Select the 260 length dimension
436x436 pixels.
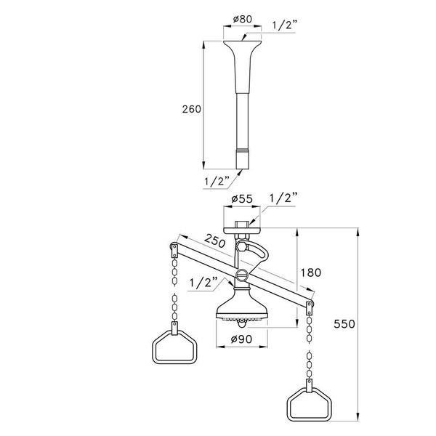coord(191,108)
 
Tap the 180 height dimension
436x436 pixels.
coord(310,272)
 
